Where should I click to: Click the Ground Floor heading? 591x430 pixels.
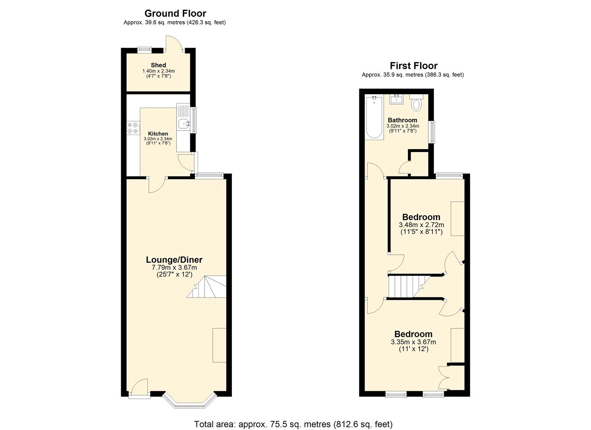click(x=175, y=13)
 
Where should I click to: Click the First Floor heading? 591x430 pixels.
click(x=413, y=66)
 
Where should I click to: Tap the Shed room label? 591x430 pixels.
click(x=158, y=65)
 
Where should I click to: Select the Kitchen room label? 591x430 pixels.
click(x=158, y=134)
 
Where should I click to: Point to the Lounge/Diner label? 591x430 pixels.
click(x=174, y=260)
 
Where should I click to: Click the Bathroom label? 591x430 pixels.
click(x=402, y=120)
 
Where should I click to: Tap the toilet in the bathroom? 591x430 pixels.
click(x=416, y=104)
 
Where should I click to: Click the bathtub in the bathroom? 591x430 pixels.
click(x=374, y=117)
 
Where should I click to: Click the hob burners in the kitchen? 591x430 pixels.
click(x=133, y=128)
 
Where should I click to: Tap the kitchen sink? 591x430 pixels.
click(x=183, y=123)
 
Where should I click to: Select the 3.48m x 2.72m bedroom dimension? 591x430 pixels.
click(x=421, y=225)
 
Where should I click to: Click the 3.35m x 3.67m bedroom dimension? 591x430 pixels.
click(x=413, y=342)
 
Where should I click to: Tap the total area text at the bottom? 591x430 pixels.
click(x=293, y=424)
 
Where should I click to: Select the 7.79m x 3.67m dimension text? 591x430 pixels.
click(x=174, y=268)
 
